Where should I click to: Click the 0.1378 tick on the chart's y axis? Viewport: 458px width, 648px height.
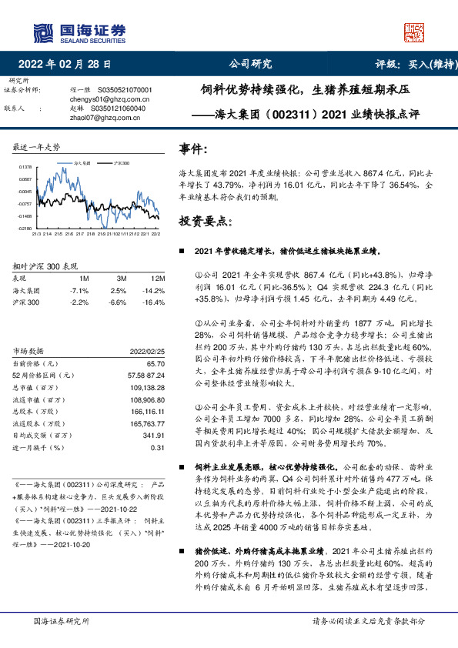pyautogui.click(x=25, y=166)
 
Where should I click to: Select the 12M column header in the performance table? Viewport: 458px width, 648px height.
pyautogui.click(x=158, y=277)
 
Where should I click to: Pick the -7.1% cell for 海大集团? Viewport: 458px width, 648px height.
pyautogui.click(x=79, y=290)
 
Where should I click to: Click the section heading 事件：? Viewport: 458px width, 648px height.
pyautogui.click(x=193, y=148)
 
